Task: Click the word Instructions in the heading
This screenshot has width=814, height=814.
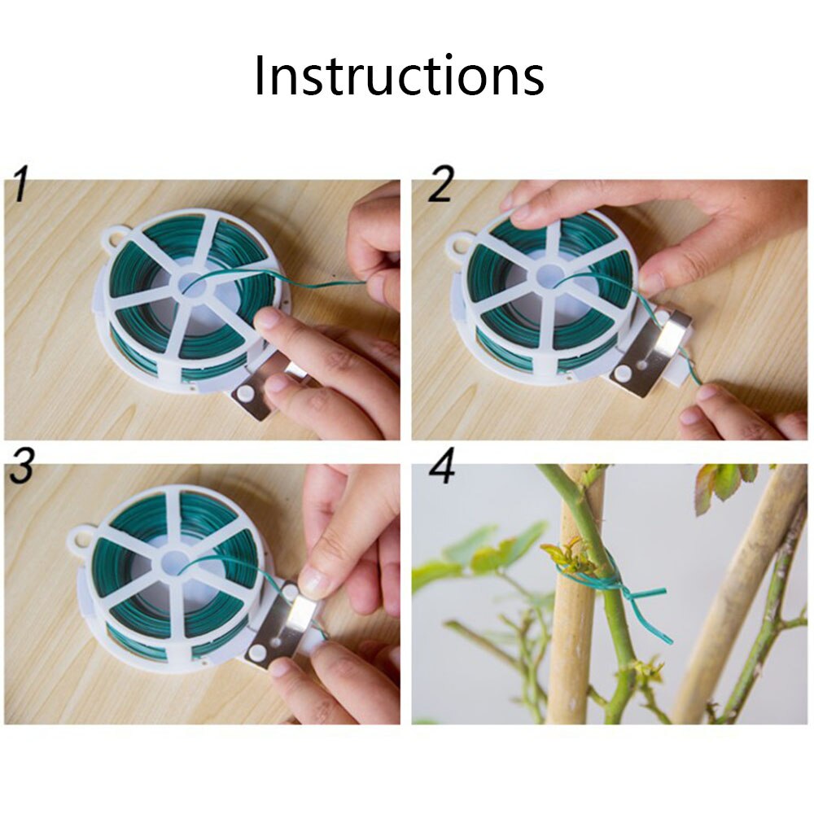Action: pos(399,75)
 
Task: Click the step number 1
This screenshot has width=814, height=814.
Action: pos(22,186)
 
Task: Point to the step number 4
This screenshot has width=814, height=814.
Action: pos(442,470)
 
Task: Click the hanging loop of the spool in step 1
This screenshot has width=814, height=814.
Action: pos(113,240)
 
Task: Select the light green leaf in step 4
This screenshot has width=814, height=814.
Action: pos(492,554)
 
